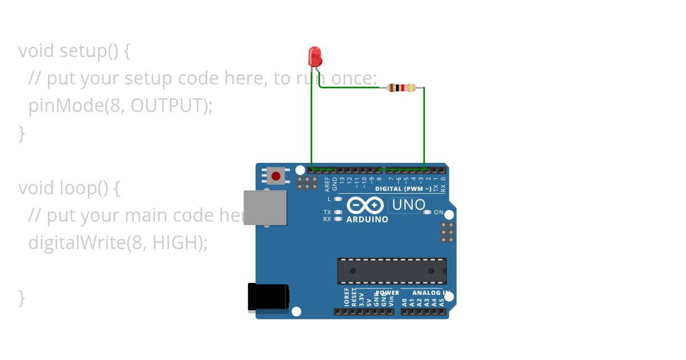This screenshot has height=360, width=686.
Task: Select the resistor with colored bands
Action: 401,87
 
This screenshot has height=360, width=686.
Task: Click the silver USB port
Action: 265,207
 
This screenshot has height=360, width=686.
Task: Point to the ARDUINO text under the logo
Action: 367,219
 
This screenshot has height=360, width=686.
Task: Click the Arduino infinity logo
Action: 365,205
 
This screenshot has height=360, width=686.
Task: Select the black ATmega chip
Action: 392,271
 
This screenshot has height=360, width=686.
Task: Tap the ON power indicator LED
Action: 427,213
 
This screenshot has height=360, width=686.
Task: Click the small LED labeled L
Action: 338,199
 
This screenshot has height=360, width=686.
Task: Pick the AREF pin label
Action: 328,183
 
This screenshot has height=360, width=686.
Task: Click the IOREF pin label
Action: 347,298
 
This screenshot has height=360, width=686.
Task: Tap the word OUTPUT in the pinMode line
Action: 166,106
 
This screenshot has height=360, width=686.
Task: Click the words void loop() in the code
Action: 69,188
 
